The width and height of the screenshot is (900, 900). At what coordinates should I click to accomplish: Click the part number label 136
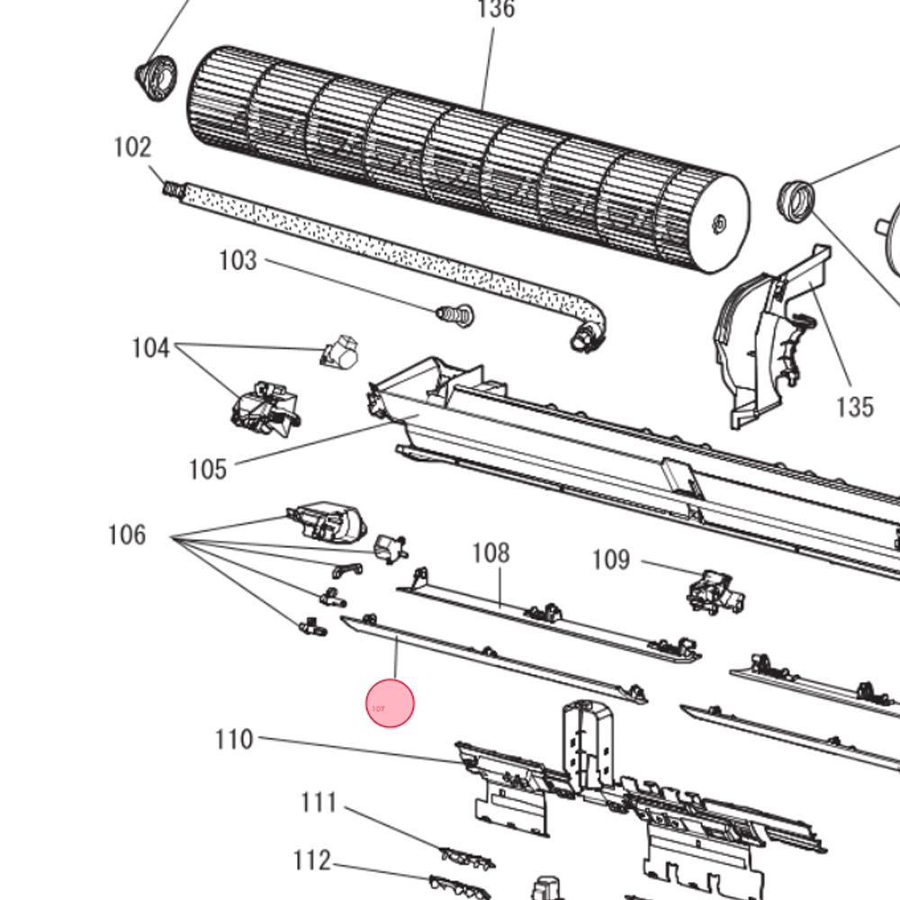[495, 10]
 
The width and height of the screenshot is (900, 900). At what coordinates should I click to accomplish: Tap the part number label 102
[132, 147]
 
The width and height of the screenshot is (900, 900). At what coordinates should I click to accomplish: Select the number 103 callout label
[238, 261]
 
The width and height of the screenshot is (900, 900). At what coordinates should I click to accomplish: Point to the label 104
[150, 348]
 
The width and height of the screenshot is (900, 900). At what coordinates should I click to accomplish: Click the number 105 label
[208, 469]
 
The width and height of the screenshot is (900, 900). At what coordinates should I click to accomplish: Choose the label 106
[127, 535]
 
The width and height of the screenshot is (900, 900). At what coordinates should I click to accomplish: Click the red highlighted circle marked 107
[391, 704]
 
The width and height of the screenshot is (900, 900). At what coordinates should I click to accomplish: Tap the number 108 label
[490, 553]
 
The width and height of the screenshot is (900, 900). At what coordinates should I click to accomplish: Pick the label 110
[234, 740]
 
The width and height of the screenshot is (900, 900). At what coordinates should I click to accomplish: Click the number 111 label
[319, 802]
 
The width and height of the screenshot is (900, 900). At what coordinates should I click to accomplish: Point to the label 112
[311, 861]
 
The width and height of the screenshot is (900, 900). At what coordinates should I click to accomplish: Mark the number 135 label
[854, 407]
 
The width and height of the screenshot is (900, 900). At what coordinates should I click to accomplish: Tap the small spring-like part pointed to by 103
[455, 315]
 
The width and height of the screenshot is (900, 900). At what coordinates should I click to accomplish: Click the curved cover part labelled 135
[765, 342]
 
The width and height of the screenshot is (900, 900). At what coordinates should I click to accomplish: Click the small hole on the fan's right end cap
[718, 221]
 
